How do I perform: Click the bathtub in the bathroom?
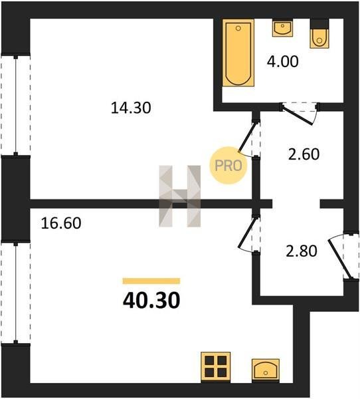tap(238, 53)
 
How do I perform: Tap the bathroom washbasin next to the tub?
tap(282, 28)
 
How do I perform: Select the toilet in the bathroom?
tap(319, 34)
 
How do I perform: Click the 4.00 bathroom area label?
tap(282, 62)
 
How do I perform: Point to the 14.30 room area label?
tap(131, 108)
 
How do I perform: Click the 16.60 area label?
tap(61, 223)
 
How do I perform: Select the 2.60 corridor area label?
tap(304, 154)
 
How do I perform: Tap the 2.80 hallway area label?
tap(302, 251)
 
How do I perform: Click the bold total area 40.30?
tap(151, 301)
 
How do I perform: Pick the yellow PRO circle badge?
tap(228, 166)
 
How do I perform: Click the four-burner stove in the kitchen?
tap(216, 367)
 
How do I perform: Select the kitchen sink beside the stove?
tap(266, 370)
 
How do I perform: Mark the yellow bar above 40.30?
tap(151, 281)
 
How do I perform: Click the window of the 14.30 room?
tap(16, 105)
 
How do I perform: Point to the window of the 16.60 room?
tap(16, 293)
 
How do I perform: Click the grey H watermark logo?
tap(180, 196)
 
